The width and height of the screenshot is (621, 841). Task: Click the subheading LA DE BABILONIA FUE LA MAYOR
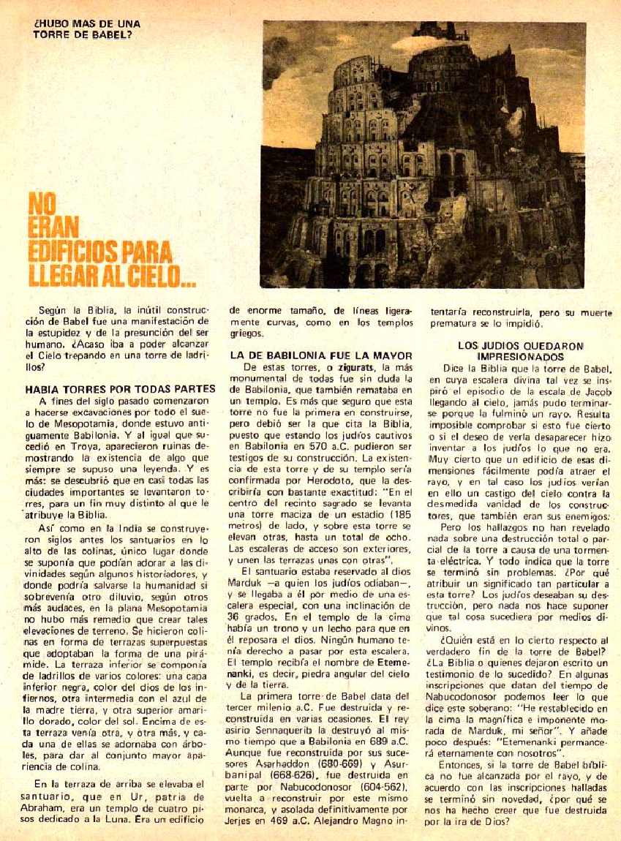(321, 355)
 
